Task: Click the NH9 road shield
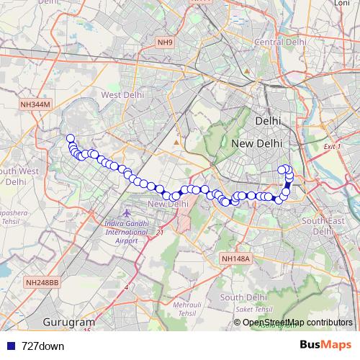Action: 165,43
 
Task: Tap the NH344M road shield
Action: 36,104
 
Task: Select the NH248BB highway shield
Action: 42,282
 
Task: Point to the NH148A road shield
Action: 235,258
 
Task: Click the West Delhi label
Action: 122,94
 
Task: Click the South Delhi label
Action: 245,297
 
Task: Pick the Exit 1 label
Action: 332,146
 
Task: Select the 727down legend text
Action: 43,346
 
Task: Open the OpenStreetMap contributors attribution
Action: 297,322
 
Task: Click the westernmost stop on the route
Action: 70,139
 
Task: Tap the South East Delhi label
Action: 325,226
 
